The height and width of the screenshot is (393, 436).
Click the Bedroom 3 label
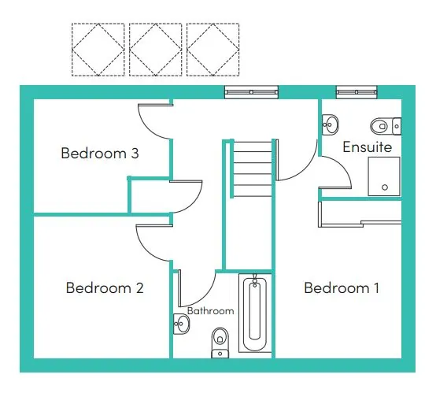coord(100,153)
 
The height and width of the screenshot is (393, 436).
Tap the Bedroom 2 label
coord(105,287)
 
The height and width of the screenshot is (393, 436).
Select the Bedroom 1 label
coord(342,287)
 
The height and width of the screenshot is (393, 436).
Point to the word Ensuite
coord(368,146)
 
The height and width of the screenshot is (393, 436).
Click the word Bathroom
coord(210,310)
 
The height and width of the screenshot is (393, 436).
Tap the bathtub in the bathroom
coord(255,313)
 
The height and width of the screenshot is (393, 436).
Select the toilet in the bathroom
coord(220,343)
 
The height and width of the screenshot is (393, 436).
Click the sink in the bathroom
coord(181,324)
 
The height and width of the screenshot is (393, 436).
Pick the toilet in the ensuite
coord(386,126)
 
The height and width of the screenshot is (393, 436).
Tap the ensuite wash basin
coord(330,124)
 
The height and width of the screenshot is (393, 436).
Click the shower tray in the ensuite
coord(384,176)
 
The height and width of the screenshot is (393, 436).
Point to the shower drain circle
coord(385,187)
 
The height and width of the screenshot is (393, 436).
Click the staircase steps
coord(253,169)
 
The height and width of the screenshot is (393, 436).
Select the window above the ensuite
coord(357,92)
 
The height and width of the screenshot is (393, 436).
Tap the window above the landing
coord(251,92)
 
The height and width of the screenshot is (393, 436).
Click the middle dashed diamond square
coord(156,50)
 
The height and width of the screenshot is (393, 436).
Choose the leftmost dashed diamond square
coord(98,50)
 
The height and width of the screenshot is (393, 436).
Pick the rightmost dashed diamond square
coord(213,50)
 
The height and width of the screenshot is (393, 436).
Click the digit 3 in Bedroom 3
coord(135,154)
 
